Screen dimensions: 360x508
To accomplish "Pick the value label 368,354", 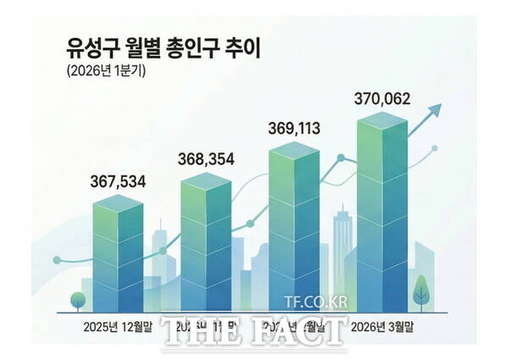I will pyautogui.click(x=206, y=158).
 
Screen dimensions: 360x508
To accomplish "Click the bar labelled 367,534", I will pyautogui.click(x=118, y=254).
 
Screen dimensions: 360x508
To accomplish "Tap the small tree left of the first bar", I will pyautogui.click(x=78, y=301).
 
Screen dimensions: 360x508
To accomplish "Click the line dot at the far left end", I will pyautogui.click(x=57, y=259).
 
